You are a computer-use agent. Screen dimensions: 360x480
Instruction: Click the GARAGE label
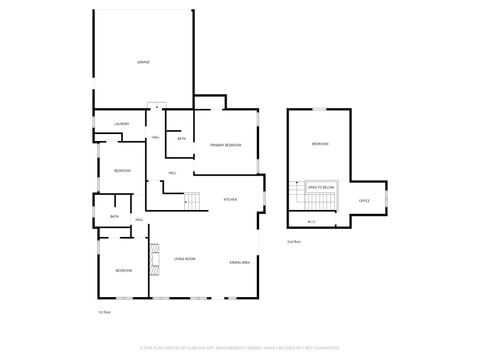tap(143, 62)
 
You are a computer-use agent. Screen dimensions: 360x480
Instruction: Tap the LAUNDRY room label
tap(121, 123)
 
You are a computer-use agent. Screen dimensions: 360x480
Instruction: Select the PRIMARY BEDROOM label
tap(225, 145)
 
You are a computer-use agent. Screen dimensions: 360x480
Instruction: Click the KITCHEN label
tap(229, 200)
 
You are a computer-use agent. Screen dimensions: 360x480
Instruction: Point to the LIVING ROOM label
tap(184, 260)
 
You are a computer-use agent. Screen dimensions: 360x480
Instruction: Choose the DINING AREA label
tap(239, 261)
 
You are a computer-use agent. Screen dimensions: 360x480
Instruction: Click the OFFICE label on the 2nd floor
tap(364, 201)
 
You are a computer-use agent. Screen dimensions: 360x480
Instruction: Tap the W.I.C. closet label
tap(311, 222)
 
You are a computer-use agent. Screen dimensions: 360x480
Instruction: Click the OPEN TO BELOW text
tap(321, 187)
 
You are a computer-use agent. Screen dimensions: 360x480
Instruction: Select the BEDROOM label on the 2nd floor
tap(319, 145)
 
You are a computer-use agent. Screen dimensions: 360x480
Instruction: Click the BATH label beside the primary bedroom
tap(181, 139)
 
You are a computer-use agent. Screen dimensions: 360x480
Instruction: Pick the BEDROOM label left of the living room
tap(123, 271)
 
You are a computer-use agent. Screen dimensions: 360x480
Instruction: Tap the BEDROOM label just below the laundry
tap(121, 171)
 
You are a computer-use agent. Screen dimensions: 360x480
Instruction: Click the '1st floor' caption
tap(103, 312)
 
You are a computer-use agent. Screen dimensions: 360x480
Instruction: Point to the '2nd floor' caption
tap(293, 242)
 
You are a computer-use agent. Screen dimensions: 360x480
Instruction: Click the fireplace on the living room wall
tap(154, 259)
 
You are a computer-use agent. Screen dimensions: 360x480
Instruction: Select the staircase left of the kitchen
tap(193, 202)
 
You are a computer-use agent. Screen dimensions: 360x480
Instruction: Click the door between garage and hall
tap(155, 106)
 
